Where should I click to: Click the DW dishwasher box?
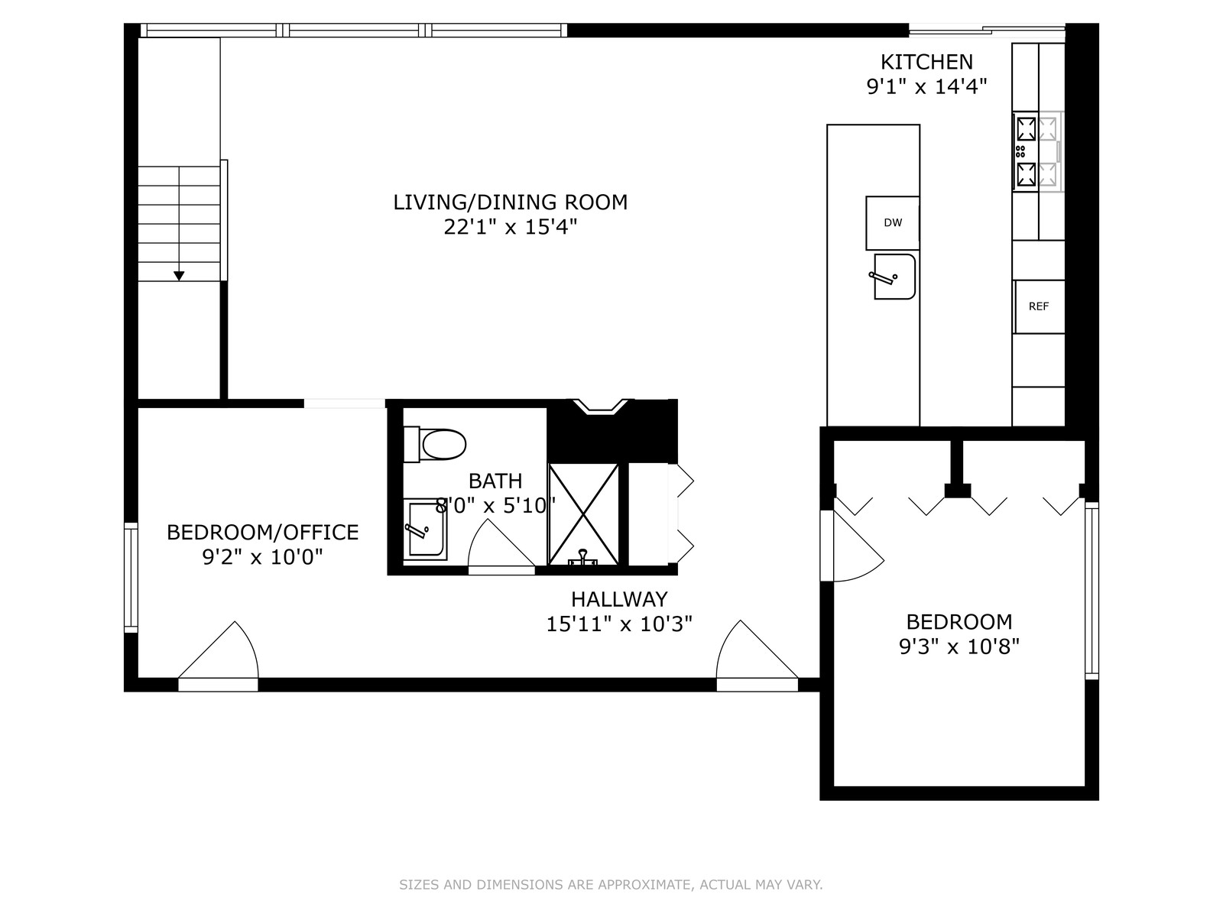click(892, 222)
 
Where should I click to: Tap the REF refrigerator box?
click(1039, 306)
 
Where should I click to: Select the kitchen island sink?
click(894, 277)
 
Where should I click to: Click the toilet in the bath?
click(435, 444)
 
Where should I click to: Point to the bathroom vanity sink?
click(424, 529)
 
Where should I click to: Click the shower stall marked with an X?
click(583, 514)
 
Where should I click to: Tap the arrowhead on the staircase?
click(179, 276)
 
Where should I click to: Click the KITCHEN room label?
click(926, 61)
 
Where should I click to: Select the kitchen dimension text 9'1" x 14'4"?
click(926, 87)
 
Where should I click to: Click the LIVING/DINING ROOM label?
click(511, 202)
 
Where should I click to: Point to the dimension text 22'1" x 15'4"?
click(511, 227)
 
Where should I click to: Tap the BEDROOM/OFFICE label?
click(262, 533)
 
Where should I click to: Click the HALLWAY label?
click(619, 599)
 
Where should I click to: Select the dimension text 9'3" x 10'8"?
click(959, 647)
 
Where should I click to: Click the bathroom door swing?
click(501, 546)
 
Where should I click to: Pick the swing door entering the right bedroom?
click(852, 546)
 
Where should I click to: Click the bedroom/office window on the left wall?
click(131, 578)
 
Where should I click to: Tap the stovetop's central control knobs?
click(1020, 151)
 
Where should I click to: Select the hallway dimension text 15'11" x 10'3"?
click(619, 624)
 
